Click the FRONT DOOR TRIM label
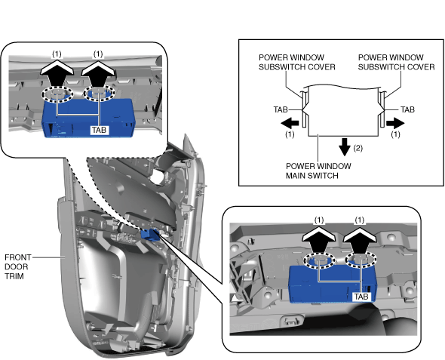click(x=17, y=266)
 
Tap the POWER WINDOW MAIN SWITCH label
click(x=318, y=171)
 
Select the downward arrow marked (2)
click(x=345, y=146)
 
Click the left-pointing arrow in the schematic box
click(x=290, y=123)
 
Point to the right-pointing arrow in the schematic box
click(x=395, y=123)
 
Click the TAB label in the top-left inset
click(x=99, y=130)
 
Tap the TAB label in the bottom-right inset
click(x=361, y=297)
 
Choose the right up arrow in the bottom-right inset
click(x=361, y=239)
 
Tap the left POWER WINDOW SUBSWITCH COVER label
click(x=297, y=62)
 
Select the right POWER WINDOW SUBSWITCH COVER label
click(x=396, y=62)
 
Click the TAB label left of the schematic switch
click(x=281, y=109)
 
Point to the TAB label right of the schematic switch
click(x=407, y=109)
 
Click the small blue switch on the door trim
click(x=150, y=235)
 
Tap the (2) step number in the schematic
click(x=358, y=148)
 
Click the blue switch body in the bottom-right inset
click(x=332, y=284)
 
